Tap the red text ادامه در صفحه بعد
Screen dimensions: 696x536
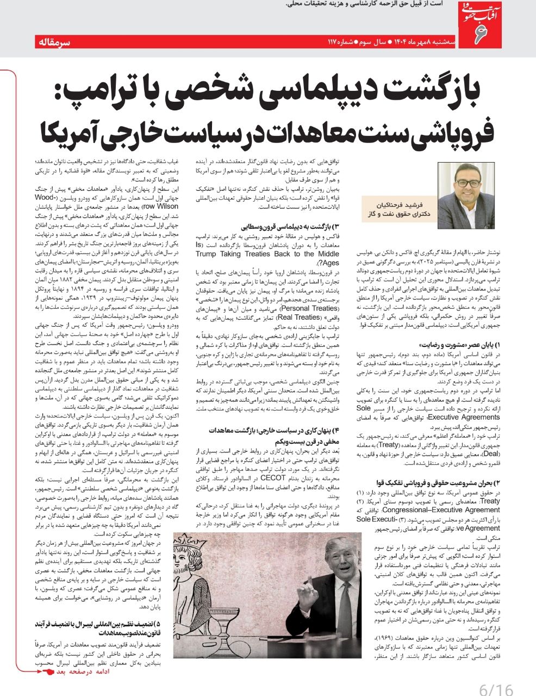(x=76, y=672)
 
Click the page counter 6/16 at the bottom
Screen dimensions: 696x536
(x=496, y=689)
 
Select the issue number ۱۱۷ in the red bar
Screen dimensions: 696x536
(x=332, y=42)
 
